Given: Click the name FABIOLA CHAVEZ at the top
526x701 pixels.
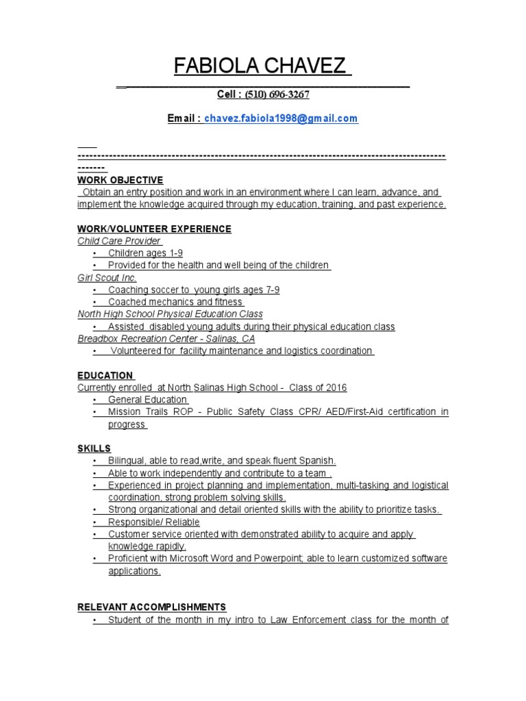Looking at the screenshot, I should click(x=262, y=67).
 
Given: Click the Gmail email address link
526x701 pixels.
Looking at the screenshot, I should click(x=281, y=118).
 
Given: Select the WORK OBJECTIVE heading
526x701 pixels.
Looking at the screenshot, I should click(x=121, y=180).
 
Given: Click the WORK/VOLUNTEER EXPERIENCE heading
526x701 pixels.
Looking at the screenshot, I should click(x=155, y=229).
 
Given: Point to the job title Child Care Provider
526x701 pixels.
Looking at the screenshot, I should click(x=119, y=241).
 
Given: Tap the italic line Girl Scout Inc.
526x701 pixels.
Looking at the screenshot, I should click(x=108, y=278).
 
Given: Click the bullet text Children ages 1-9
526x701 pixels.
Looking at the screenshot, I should click(x=145, y=253).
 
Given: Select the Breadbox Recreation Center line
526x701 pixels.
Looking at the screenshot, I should click(x=166, y=339).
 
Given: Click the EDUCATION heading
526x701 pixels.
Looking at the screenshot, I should click(x=105, y=375).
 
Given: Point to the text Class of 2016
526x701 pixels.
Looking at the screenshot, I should click(x=318, y=387).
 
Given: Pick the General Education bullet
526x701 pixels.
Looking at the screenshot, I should click(x=147, y=400).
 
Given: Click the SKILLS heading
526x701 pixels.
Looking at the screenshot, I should click(x=95, y=448).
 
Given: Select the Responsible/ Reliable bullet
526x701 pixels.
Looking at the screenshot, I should click(x=153, y=522).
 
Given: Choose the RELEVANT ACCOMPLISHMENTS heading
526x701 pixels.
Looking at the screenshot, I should click(x=152, y=607).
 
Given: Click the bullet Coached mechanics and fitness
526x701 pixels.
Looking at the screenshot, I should click(x=175, y=302).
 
